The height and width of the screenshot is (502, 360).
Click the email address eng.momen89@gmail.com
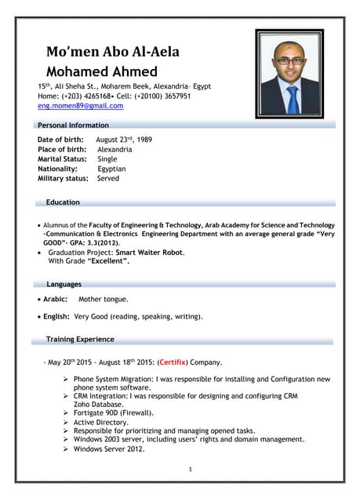tap(81, 105)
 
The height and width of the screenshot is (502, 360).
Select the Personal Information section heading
tap(75, 125)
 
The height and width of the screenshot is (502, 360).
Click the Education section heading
tap(63, 202)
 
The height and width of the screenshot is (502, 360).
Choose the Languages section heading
tap(64, 284)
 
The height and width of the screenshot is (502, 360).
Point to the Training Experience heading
tap(80, 339)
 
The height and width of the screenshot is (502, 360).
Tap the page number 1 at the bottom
tap(191, 469)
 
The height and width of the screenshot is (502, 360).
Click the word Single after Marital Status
tap(107, 159)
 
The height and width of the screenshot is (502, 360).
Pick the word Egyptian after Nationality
tap(111, 169)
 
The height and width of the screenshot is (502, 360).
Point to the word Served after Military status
tap(108, 179)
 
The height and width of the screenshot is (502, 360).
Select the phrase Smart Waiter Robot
tap(149, 253)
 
